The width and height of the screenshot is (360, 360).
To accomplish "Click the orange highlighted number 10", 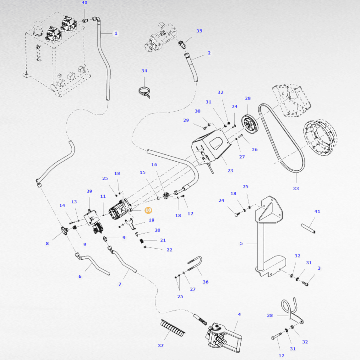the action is tap(148, 210).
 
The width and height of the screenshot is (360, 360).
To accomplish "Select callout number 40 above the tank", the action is tap(84, 3).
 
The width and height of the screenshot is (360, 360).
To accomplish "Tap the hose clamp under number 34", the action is tap(144, 92).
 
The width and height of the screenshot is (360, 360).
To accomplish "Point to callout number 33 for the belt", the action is tap(296, 188).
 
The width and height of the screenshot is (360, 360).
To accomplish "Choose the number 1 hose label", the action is tap(116, 33).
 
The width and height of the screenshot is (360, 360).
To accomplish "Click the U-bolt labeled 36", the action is tap(195, 264).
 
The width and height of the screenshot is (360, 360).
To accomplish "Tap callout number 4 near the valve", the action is tap(239, 314).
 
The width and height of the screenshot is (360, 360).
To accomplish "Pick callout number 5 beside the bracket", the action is tap(241, 243).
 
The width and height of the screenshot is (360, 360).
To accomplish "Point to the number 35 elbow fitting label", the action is tap(199, 31).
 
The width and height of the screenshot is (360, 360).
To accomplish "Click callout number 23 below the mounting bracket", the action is tap(230, 171).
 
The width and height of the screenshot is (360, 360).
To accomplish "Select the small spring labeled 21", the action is tap(142, 241).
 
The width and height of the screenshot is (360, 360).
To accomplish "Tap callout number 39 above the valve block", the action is tap(89, 191).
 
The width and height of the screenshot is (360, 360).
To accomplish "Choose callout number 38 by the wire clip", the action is tap(270, 315).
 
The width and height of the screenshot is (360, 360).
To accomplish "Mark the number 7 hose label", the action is tap(120, 284).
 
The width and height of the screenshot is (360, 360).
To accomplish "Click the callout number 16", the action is tap(154, 165).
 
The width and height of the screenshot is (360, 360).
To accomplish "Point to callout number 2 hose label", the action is tap(209, 53).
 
